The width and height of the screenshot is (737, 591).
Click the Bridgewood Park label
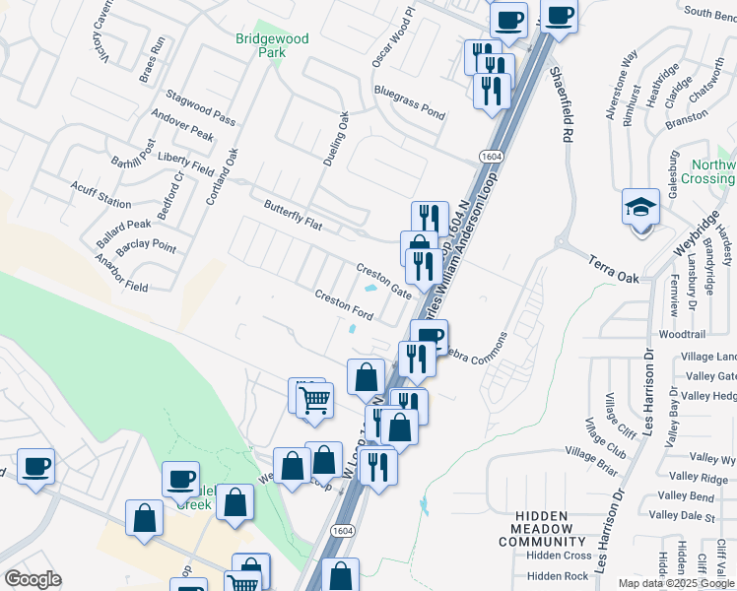[x=272, y=45]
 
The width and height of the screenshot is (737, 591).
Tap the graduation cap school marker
[x=640, y=209]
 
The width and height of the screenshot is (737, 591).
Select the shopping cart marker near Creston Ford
[x=315, y=401]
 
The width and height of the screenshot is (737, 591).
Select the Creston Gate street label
[x=383, y=281]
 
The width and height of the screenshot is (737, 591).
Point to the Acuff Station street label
[x=100, y=194]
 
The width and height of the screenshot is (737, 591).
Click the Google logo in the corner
[x=33, y=579]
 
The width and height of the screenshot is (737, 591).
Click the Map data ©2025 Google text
[x=676, y=583]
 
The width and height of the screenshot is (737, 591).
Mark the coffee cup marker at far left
[x=35, y=467]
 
